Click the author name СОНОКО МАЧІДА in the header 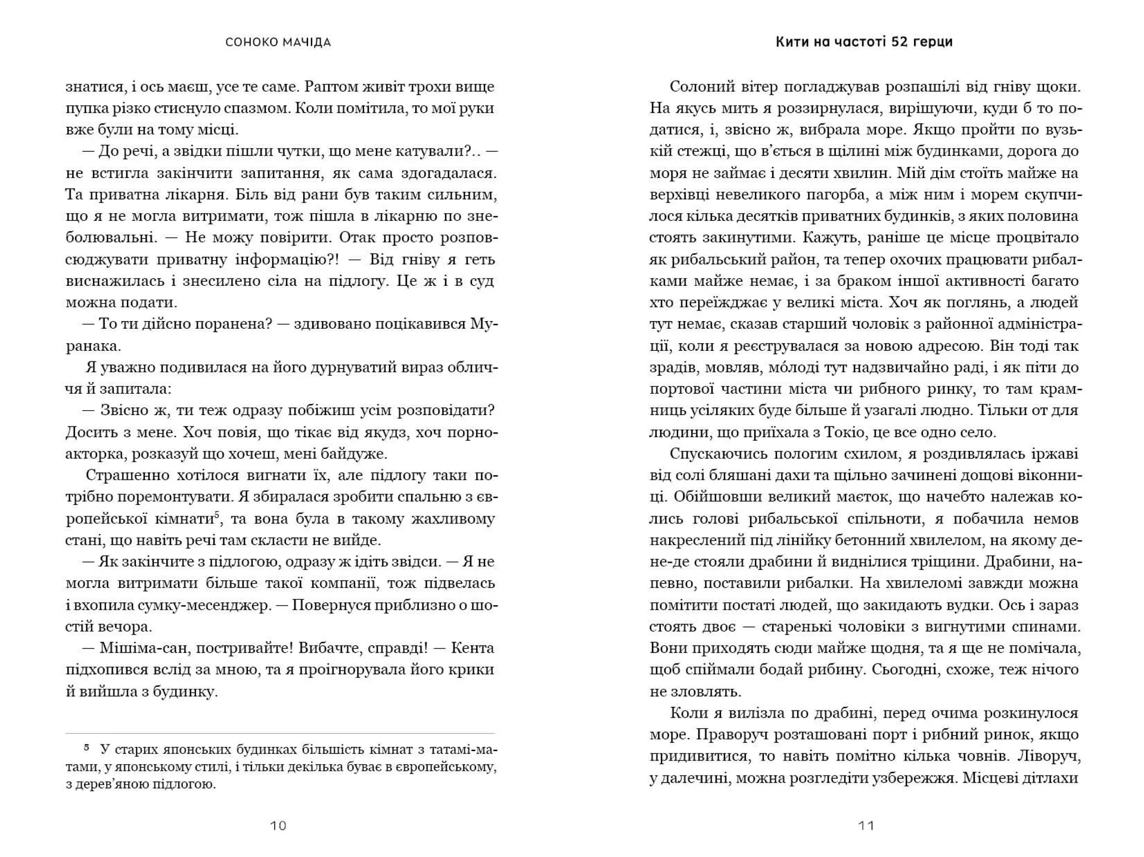(x=278, y=42)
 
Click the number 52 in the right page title (x=903, y=42)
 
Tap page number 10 (x=278, y=825)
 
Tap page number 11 (x=866, y=825)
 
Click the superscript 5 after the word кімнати (x=217, y=515)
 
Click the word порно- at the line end (x=473, y=432)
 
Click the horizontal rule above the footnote (x=280, y=733)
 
